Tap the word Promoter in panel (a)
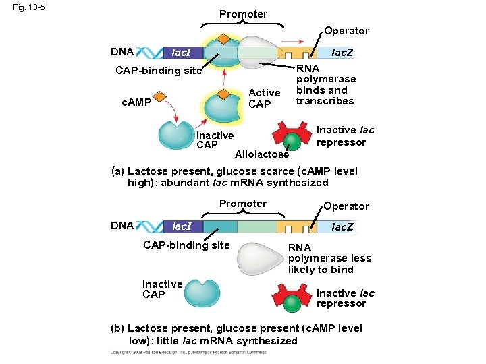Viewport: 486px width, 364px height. tap(243, 13)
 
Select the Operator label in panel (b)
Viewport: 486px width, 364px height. tap(346, 206)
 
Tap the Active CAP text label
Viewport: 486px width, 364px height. tap(264, 98)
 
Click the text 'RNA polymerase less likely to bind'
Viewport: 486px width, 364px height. tap(329, 259)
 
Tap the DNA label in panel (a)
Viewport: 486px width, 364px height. tap(122, 51)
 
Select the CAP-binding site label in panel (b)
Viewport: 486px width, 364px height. tap(186, 245)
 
